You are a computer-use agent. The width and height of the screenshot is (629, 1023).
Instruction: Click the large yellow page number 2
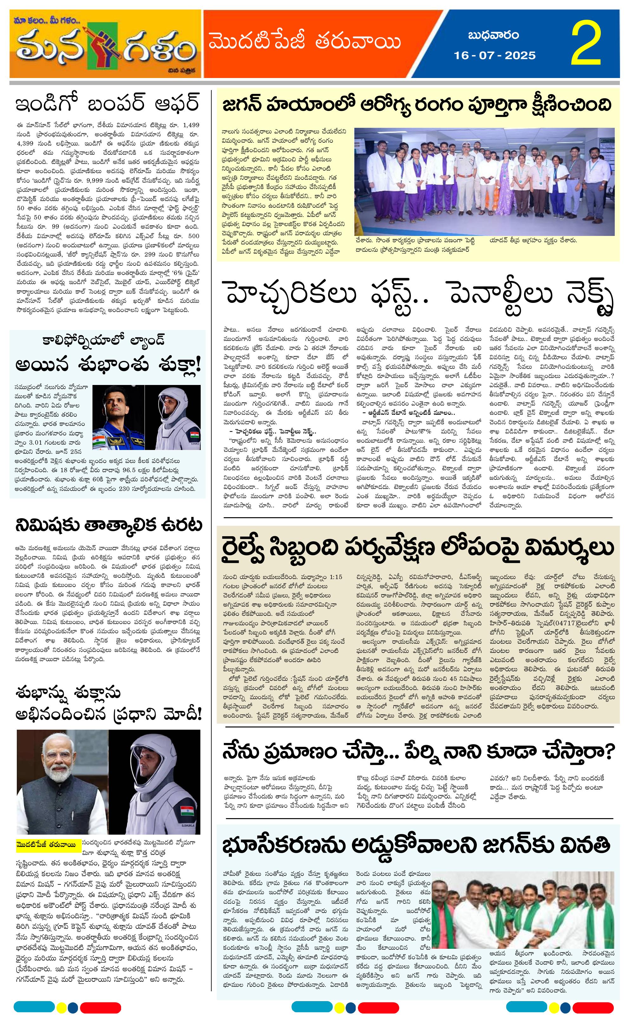click(x=586, y=44)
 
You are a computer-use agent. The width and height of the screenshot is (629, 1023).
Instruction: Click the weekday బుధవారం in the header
click(x=493, y=36)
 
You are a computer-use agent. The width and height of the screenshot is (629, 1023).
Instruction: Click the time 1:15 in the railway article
click(x=335, y=577)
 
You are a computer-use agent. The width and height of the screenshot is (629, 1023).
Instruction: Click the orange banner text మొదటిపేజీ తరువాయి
click(x=305, y=42)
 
